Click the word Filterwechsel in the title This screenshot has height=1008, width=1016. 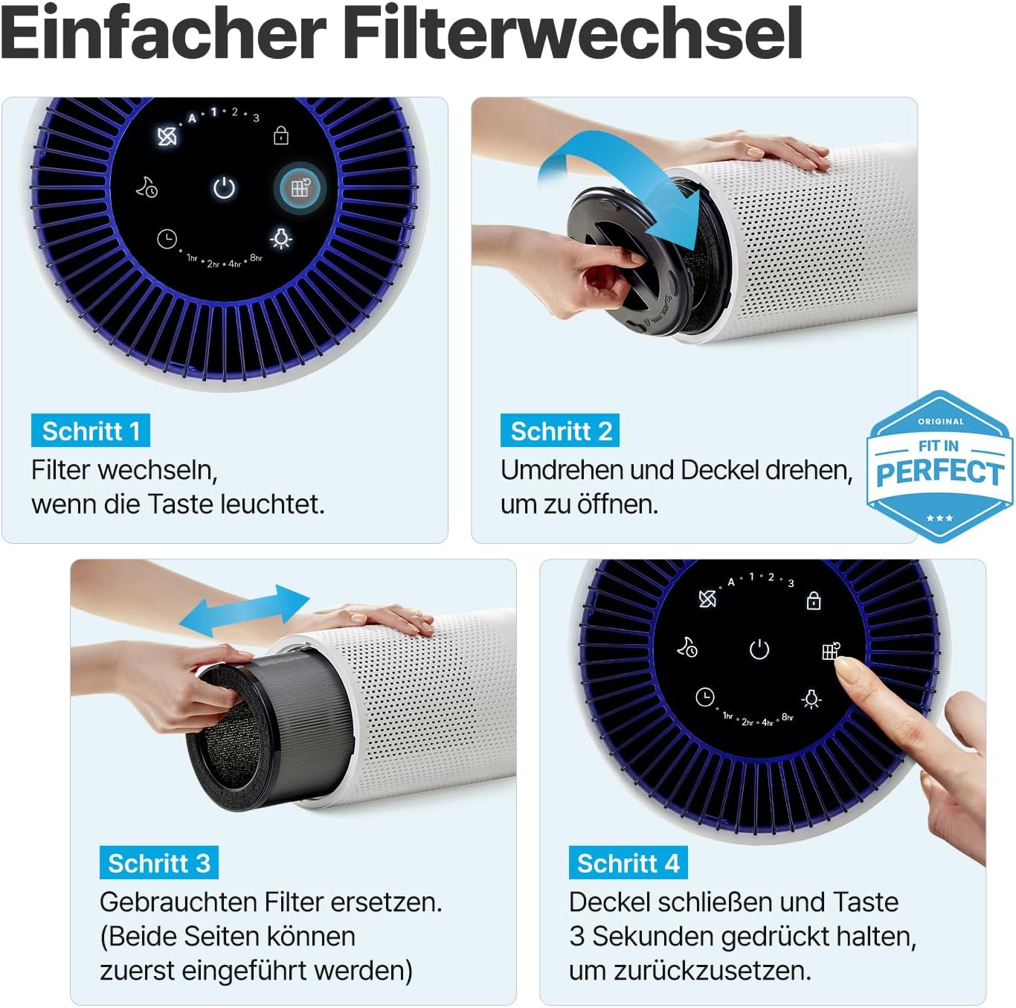[x=573, y=33]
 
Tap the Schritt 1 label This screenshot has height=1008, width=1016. [x=91, y=431]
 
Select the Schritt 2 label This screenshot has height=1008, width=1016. [x=560, y=431]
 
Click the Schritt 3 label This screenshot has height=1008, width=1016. [x=158, y=863]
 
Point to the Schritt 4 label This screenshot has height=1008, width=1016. [x=628, y=863]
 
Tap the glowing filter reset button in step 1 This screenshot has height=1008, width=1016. [x=300, y=187]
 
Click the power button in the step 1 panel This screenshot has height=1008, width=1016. [x=224, y=188]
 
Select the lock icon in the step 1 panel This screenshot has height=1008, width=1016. [x=281, y=135]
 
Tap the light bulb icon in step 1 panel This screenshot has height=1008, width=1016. [x=281, y=238]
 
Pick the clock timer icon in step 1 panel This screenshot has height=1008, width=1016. [x=167, y=239]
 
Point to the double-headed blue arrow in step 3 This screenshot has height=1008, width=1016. [x=244, y=611]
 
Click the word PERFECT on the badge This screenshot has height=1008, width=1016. [x=939, y=472]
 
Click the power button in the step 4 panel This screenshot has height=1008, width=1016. [x=759, y=649]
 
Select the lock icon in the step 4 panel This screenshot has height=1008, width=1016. [x=814, y=600]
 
